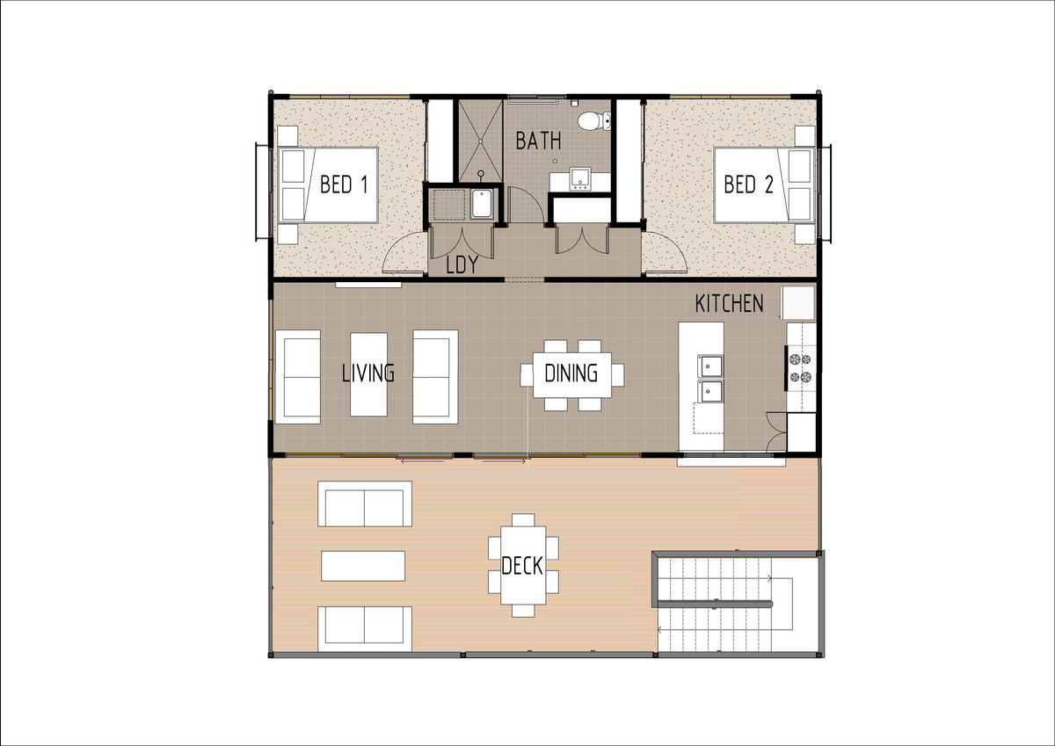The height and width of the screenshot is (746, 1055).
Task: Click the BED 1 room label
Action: (344, 184)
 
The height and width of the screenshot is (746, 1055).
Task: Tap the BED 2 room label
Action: (748, 184)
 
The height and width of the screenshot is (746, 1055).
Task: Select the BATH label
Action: (538, 141)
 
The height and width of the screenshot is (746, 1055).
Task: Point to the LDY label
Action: (462, 265)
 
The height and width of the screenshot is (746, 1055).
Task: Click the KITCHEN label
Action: (729, 303)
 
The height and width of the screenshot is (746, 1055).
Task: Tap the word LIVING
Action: (368, 373)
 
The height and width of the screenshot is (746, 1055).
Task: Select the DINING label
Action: (571, 373)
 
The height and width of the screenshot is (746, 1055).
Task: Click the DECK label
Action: (522, 566)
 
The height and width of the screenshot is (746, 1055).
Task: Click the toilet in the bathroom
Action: (594, 121)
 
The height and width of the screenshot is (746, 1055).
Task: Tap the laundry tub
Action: (482, 204)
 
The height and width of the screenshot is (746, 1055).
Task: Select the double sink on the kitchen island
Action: (709, 379)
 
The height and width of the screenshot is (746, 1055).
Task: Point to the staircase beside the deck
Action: (725, 604)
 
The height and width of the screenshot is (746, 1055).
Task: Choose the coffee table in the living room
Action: (368, 374)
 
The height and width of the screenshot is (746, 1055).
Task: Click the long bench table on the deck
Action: (363, 566)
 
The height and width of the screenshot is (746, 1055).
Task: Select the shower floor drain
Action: (480, 141)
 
